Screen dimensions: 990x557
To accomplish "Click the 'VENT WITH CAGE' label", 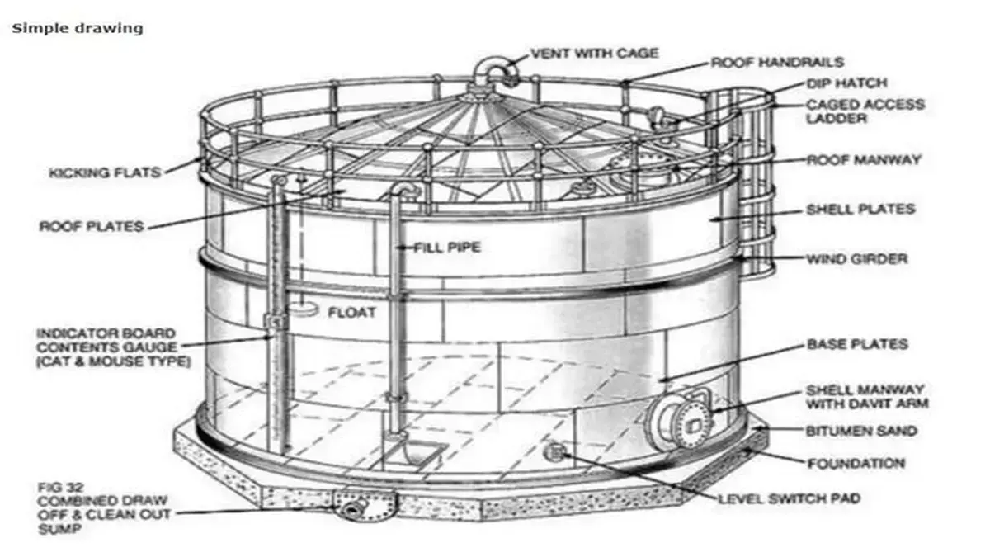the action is [595, 54].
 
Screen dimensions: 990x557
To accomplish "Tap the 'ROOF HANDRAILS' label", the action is [777, 63].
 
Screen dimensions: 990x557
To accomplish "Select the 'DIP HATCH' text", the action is [846, 83].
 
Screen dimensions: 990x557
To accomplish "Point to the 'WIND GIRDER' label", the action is [857, 258].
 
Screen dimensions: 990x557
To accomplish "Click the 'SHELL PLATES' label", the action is [860, 209].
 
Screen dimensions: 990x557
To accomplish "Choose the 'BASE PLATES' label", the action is [857, 344].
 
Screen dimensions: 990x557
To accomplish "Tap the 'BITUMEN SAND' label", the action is [861, 431].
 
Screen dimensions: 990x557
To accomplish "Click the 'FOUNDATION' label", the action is [856, 463].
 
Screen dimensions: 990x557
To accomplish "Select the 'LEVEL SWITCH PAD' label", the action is [790, 498].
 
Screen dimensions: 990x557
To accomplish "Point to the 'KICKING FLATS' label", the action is [105, 172].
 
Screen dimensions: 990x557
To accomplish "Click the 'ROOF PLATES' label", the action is [92, 226].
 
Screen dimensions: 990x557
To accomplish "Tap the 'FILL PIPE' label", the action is [447, 247].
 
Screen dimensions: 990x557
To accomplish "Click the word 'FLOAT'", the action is [351, 313].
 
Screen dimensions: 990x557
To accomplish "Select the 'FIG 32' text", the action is [60, 488].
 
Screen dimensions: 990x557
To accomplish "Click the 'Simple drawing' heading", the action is [78, 28].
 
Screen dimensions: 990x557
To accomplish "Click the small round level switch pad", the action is [554, 452].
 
